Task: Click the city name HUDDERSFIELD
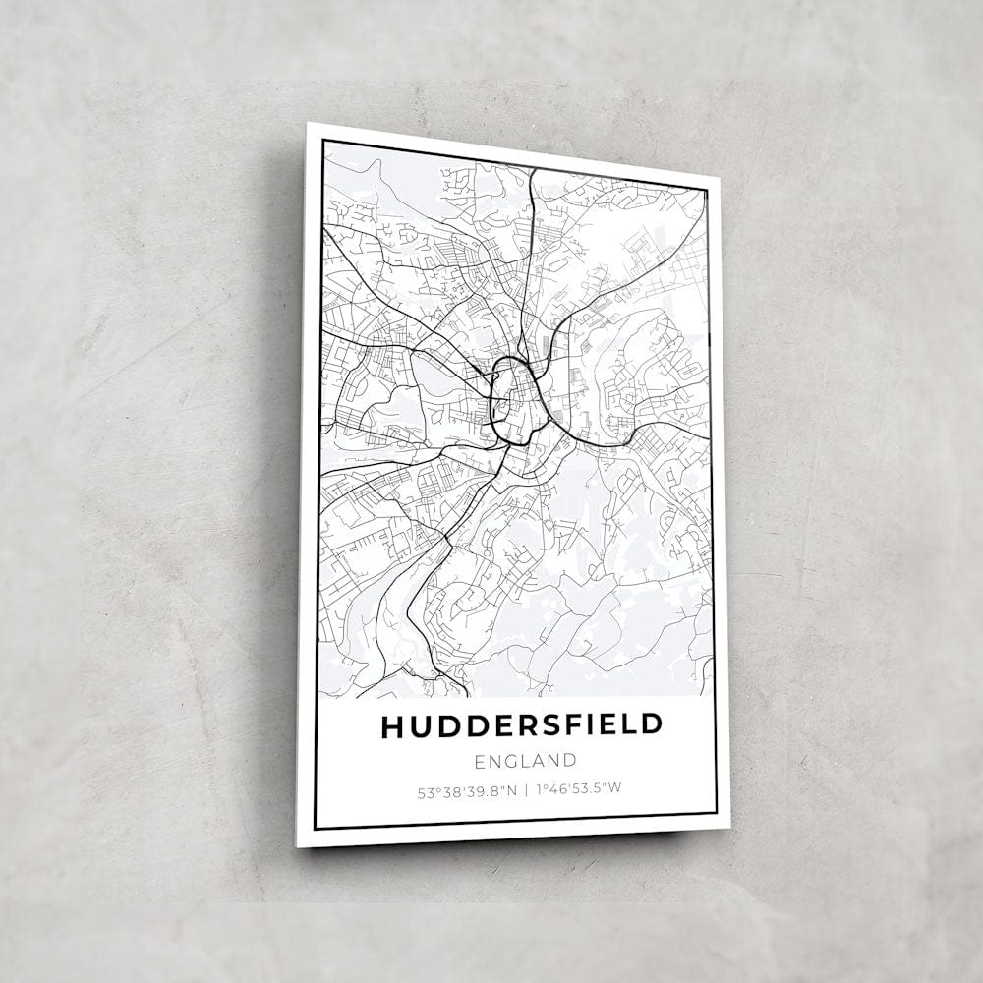521,726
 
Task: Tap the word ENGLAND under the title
525,761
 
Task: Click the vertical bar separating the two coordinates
525,789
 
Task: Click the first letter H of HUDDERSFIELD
391,726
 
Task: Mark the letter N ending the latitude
512,789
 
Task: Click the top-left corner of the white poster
308,124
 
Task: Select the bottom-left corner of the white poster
298,844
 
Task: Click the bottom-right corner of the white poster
728,828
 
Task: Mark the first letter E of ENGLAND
479,761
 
